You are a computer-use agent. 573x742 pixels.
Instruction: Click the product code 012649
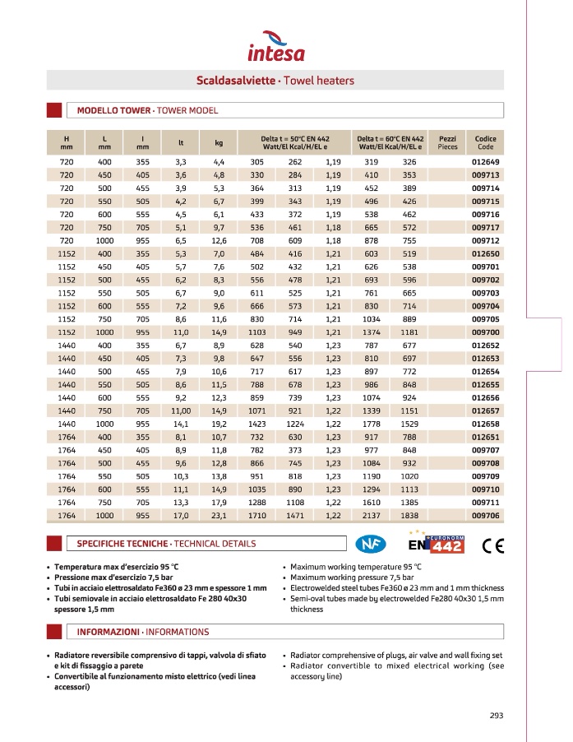485,162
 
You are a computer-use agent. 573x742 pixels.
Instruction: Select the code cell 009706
485,515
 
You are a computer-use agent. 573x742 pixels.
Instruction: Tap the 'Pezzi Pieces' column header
448,141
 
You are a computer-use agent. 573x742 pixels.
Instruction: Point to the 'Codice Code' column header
485,141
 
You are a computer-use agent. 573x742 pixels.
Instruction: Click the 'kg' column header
219,141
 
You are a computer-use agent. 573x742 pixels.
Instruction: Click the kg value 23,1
219,515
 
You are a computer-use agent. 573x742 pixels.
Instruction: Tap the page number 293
496,715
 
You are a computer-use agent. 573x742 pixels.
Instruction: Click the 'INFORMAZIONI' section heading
142,632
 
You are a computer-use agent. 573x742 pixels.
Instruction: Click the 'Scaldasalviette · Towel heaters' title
275,81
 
